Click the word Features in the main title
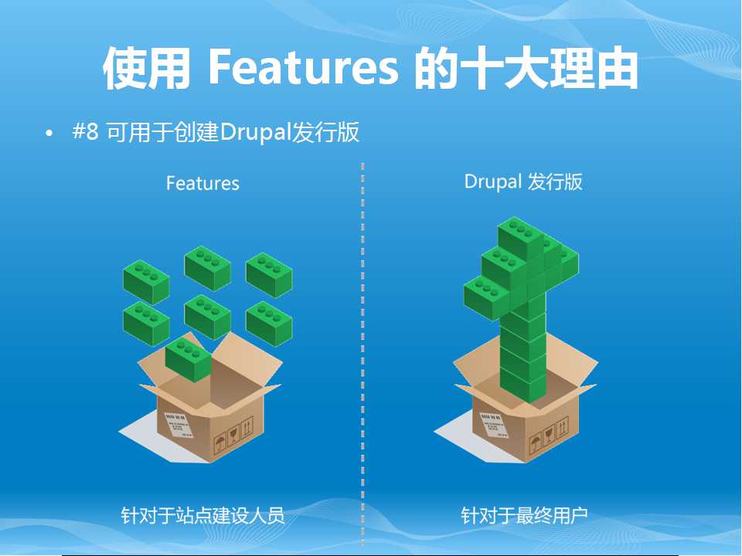(303, 68)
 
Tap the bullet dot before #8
(49, 134)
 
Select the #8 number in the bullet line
(86, 131)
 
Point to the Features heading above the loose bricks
(203, 184)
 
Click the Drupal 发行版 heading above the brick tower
(523, 182)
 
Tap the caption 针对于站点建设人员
(203, 515)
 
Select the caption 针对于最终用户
(524, 515)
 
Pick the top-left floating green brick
(146, 282)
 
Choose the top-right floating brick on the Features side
(269, 275)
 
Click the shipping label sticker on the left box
(179, 425)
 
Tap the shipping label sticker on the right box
(494, 425)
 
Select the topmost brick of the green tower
(520, 239)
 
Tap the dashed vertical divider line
(362, 354)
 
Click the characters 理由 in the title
(595, 68)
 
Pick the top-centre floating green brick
(208, 268)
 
